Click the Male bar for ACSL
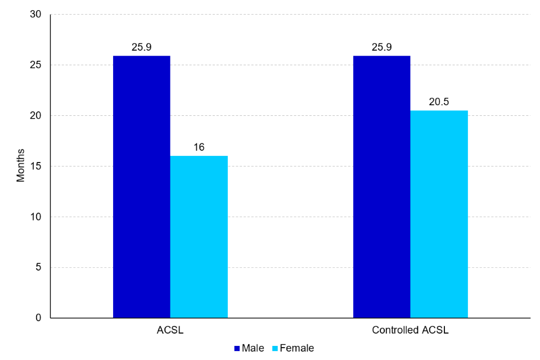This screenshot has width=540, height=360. click(142, 187)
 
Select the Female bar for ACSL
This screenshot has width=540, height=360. click(199, 237)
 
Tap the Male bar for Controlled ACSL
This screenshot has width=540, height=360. click(382, 187)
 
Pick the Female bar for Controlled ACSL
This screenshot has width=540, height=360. click(439, 214)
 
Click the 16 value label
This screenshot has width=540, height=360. click(199, 147)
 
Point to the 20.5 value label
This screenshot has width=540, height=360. click(439, 102)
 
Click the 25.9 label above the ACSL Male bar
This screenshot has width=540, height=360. click(142, 47)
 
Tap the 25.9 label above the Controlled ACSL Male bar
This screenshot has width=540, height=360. click(382, 47)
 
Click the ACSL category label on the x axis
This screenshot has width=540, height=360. click(170, 330)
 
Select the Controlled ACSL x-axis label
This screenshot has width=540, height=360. click(411, 330)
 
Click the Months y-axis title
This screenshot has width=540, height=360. click(21, 166)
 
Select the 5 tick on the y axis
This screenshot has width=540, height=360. click(38, 268)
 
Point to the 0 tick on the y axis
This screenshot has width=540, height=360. click(38, 318)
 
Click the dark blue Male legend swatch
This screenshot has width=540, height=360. click(237, 349)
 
